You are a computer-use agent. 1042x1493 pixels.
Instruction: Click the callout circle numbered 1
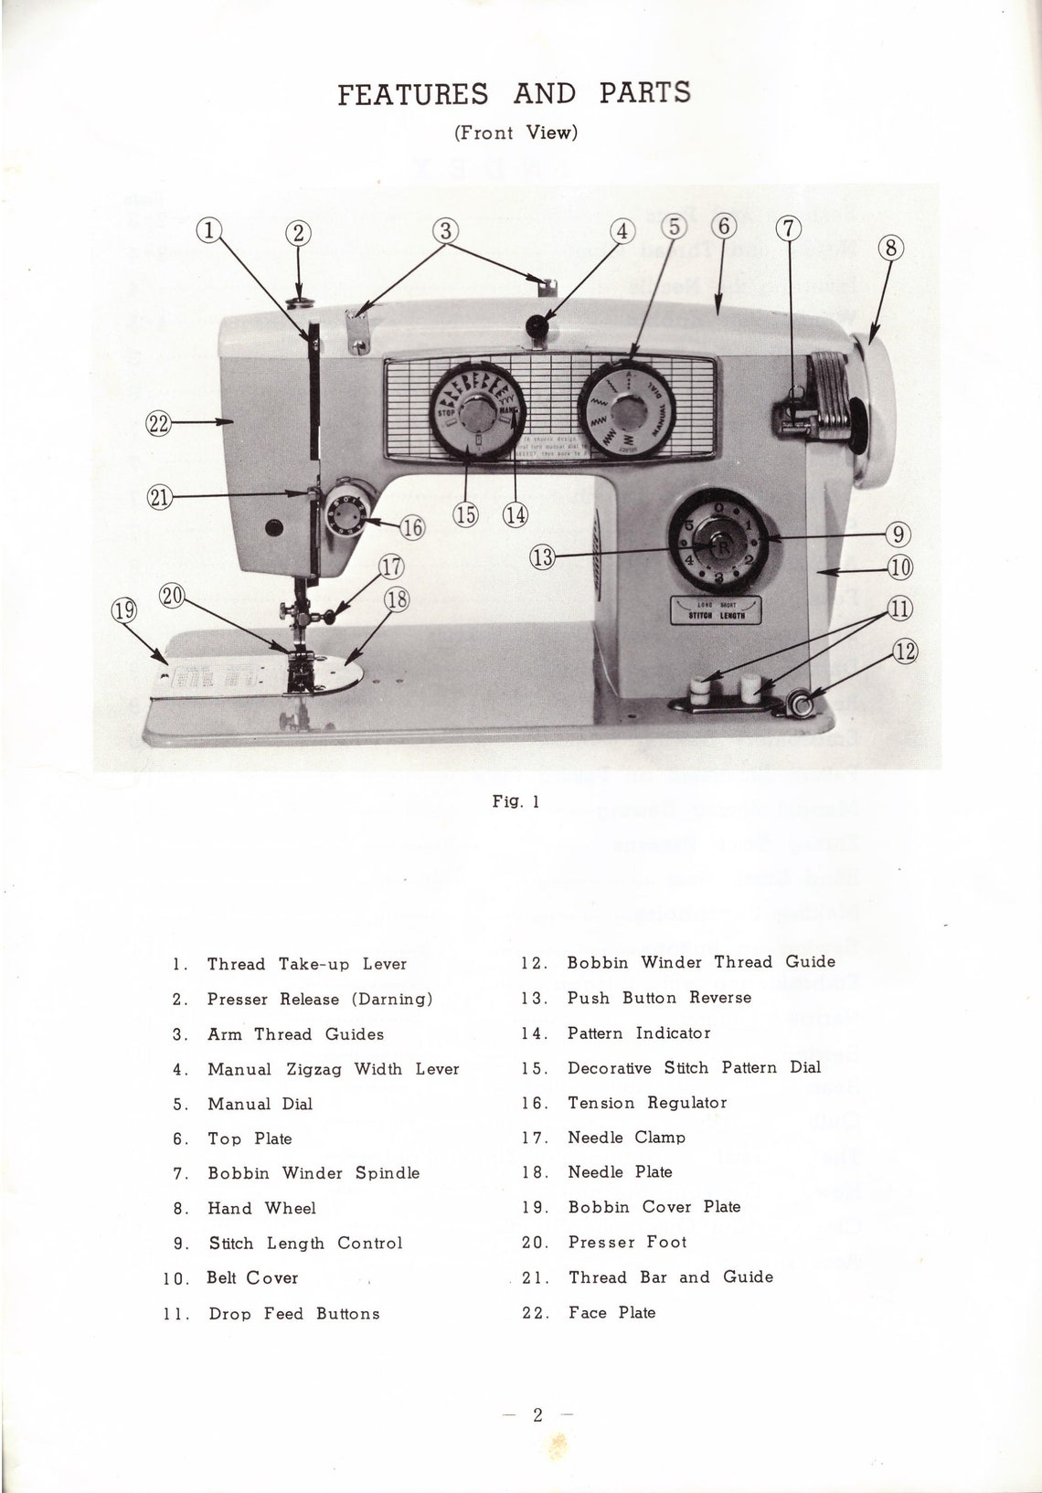209,231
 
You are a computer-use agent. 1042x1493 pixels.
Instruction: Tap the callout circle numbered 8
891,248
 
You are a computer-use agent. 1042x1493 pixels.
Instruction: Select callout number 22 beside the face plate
158,422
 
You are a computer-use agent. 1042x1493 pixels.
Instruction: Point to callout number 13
543,556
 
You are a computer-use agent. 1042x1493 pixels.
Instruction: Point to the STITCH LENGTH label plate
716,610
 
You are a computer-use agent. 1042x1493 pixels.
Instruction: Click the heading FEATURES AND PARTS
514,93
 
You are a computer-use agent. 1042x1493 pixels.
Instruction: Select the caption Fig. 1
516,801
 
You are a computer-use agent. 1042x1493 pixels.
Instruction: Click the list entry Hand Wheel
261,1208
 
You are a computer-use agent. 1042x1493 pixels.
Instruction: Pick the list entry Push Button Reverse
659,998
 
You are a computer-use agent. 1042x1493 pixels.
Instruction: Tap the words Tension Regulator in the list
647,1103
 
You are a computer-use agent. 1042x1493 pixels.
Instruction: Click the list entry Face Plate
611,1312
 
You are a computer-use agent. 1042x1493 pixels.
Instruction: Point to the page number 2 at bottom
537,1415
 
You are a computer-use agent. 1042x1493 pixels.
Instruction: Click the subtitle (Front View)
516,132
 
